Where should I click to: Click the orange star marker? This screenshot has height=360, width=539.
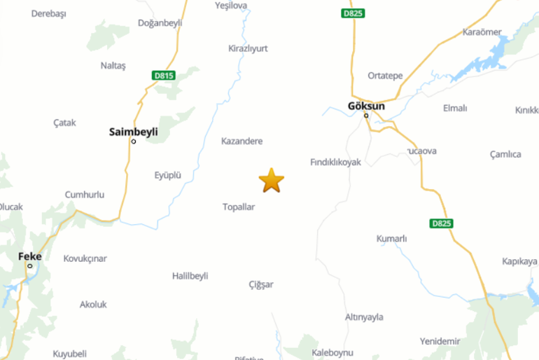click(x=271, y=180)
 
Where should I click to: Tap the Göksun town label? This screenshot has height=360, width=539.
click(x=366, y=106)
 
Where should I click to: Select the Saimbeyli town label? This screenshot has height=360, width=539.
click(x=134, y=131)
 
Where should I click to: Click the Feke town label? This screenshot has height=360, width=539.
click(x=29, y=256)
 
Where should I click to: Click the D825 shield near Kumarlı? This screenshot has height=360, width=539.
click(x=441, y=223)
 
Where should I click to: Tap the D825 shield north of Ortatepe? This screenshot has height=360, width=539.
click(x=353, y=13)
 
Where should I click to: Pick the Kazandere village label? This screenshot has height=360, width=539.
click(x=241, y=141)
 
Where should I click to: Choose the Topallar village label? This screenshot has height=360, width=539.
click(x=239, y=207)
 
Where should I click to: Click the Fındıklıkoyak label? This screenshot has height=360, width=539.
click(x=335, y=162)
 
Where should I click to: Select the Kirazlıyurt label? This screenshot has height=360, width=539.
click(x=248, y=48)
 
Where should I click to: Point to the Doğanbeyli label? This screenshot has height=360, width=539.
click(x=160, y=22)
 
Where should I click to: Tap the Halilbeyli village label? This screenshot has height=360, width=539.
click(x=190, y=275)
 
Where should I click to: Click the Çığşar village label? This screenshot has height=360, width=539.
click(x=261, y=284)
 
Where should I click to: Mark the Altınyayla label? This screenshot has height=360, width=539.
click(x=365, y=317)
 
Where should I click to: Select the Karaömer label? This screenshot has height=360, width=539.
click(x=482, y=32)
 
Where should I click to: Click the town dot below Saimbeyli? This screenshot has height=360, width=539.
click(x=134, y=141)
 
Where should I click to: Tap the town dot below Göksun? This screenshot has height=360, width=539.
click(x=366, y=116)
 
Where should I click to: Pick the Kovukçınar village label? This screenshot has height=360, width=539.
click(x=85, y=258)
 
